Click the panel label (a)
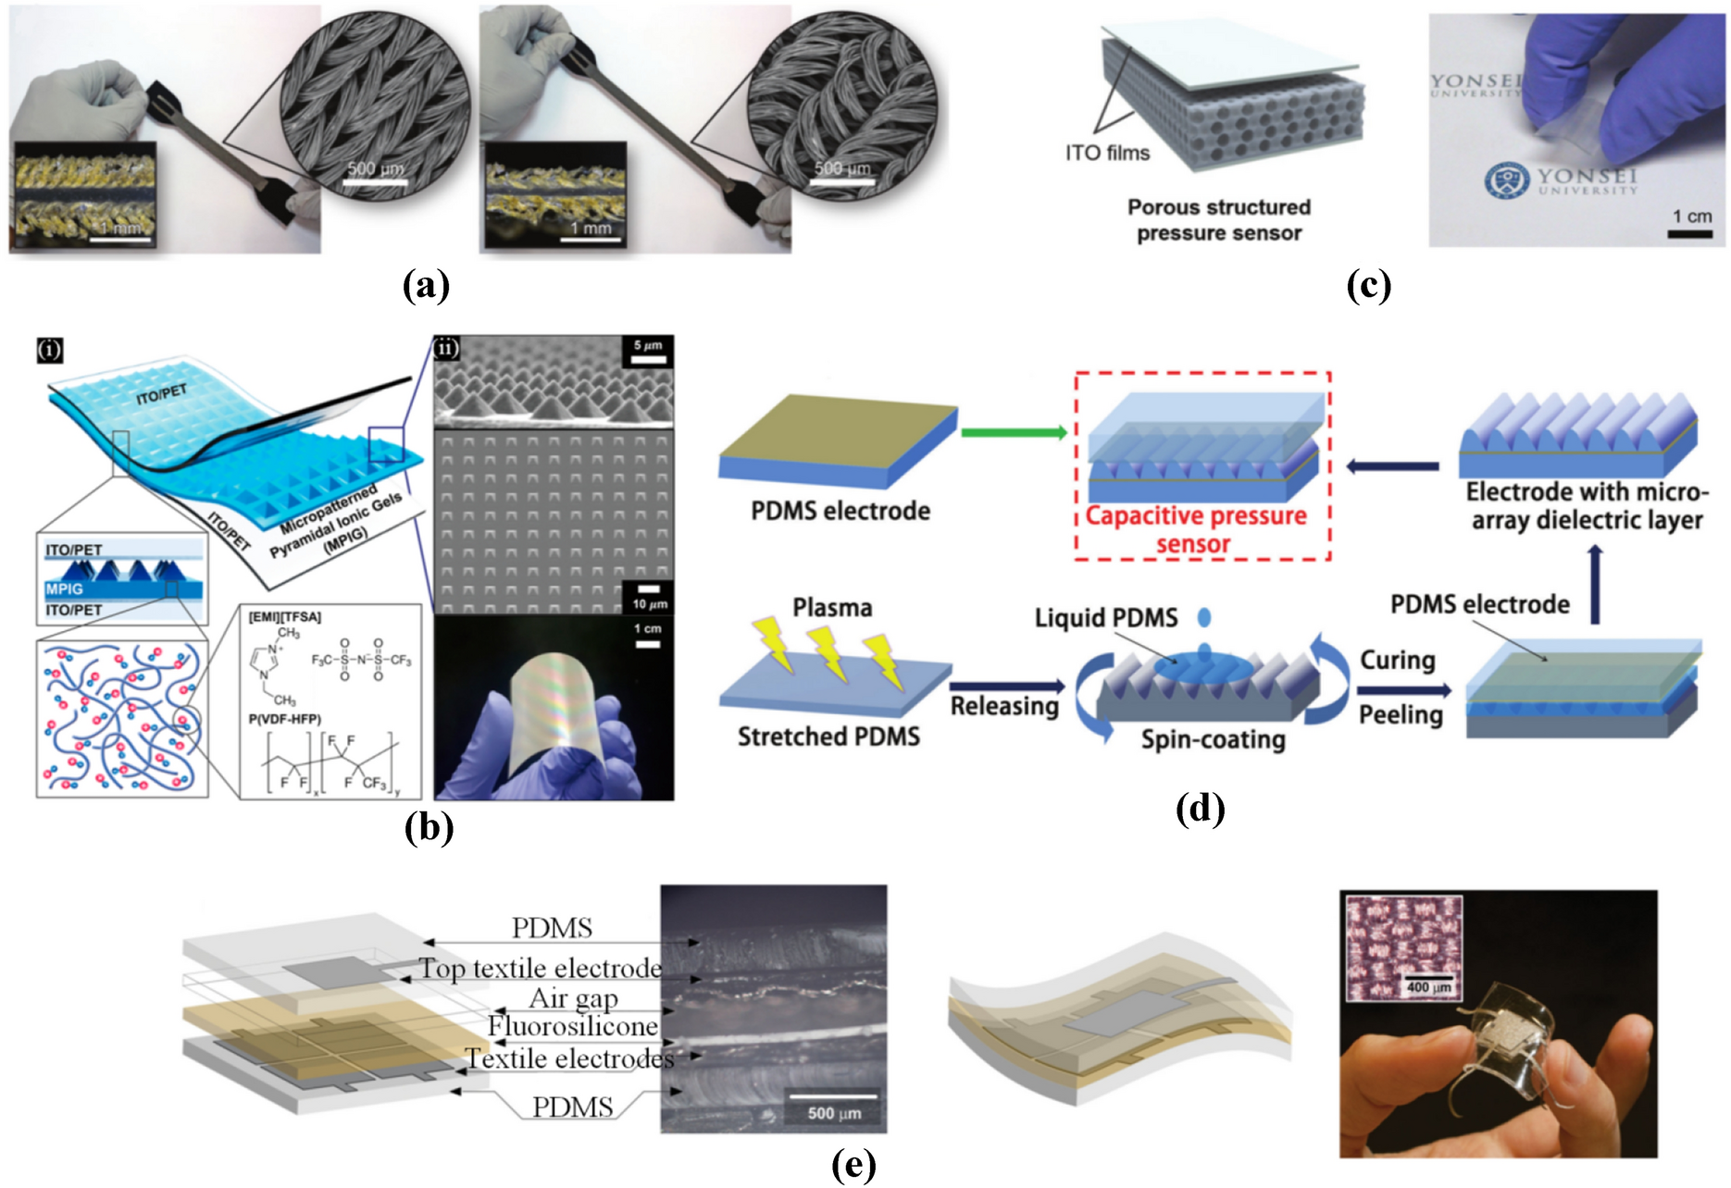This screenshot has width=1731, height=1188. click(x=426, y=285)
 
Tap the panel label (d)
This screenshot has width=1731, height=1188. click(x=1200, y=809)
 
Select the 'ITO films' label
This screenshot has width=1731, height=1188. click(x=1107, y=153)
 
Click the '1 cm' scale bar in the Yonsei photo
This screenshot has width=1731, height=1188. click(x=1689, y=233)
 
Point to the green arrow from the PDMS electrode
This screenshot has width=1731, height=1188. click(x=1014, y=432)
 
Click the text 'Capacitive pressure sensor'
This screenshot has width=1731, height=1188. click(x=1195, y=529)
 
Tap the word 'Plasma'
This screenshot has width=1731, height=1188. click(x=831, y=608)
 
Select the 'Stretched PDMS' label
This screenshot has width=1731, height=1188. click(x=828, y=736)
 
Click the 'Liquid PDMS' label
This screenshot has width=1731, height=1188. click(x=1106, y=617)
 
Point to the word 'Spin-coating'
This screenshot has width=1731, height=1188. click(x=1213, y=739)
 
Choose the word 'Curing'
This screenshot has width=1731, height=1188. click(x=1397, y=661)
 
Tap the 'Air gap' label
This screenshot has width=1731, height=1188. click(x=573, y=998)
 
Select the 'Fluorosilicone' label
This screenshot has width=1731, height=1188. click(x=572, y=1026)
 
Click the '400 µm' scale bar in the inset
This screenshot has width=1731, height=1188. click(x=1428, y=978)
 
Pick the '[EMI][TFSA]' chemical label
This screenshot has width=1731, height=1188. click(x=284, y=617)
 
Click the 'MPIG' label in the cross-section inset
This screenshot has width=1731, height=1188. click(x=64, y=588)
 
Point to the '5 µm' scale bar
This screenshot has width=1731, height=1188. click(x=648, y=358)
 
